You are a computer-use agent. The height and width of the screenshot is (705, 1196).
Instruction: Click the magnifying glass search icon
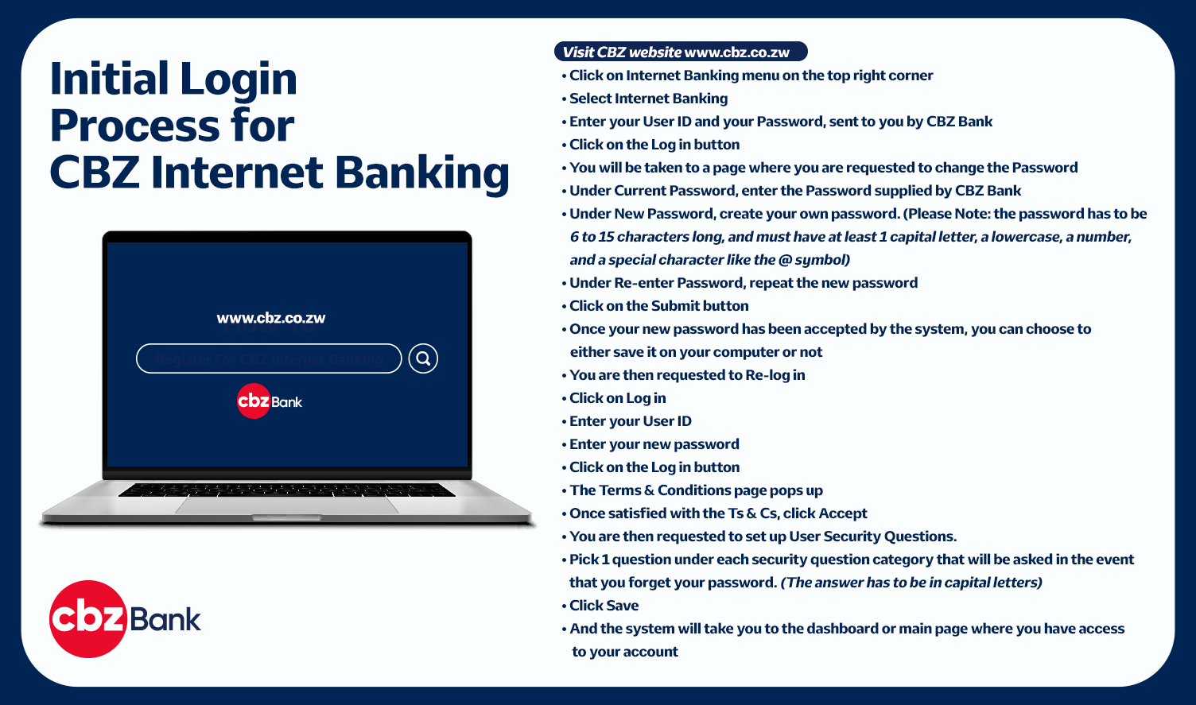pos(423,358)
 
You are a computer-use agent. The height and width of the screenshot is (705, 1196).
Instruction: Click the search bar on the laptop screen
pos(269,358)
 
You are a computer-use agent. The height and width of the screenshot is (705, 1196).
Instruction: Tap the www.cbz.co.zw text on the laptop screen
pos(270,318)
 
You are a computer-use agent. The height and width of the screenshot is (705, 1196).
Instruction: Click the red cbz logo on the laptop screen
pos(253,401)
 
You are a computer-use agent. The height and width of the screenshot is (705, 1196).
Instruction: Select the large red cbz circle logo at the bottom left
pos(88,619)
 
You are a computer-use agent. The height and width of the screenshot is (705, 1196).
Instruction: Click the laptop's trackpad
pos(287,506)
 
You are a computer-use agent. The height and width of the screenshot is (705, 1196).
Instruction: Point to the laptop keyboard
pos(287,490)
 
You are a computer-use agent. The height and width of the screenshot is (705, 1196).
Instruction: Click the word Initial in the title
pos(110,79)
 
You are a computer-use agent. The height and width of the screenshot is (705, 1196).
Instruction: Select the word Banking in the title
pos(421,174)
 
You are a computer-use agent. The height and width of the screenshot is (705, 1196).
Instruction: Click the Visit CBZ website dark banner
pos(681,52)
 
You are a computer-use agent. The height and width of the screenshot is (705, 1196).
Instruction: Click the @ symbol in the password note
pos(785,260)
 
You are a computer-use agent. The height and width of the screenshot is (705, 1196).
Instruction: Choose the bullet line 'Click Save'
pos(600,606)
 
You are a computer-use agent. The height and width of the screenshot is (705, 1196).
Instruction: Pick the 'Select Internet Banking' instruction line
pos(645,99)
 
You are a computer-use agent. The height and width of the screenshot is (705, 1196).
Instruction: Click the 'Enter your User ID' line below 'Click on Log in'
pos(627,421)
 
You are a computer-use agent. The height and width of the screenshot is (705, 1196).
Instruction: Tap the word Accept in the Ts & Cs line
pos(843,513)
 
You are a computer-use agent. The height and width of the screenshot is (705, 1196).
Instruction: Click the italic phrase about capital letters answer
pos(911,583)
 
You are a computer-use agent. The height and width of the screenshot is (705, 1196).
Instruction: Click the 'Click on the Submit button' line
pos(655,306)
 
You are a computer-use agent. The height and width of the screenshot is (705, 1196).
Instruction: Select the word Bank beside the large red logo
pos(165,620)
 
